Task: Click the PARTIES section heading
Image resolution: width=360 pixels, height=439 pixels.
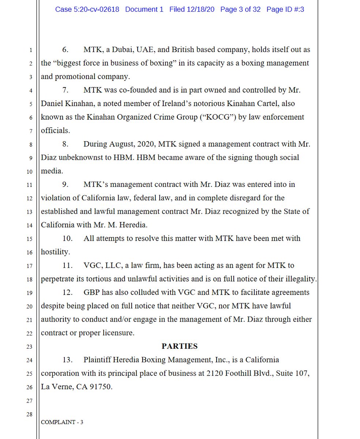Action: [180, 346]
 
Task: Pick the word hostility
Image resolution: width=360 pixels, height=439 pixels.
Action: [55, 252]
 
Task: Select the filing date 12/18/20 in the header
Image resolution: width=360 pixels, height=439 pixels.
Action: [200, 10]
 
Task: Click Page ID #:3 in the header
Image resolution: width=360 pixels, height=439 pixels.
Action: [285, 10]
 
